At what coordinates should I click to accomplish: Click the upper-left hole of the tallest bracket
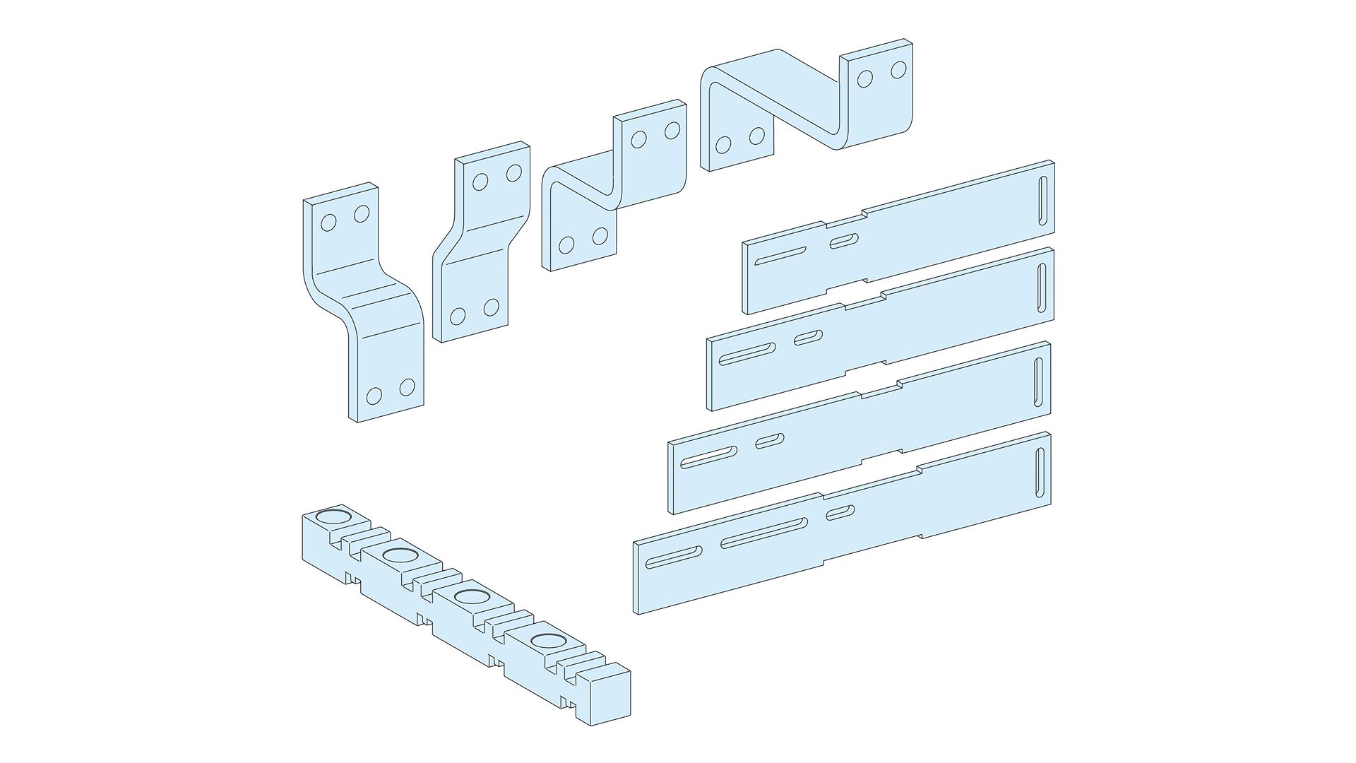pyautogui.click(x=328, y=223)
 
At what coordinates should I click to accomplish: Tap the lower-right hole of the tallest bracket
pyautogui.click(x=407, y=387)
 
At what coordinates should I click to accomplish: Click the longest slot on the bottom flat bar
pyautogui.click(x=764, y=532)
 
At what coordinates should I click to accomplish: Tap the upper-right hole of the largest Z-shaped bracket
pyautogui.click(x=898, y=70)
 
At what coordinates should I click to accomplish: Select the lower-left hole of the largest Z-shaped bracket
pyautogui.click(x=722, y=146)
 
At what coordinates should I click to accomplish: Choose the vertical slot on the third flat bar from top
pyautogui.click(x=1037, y=382)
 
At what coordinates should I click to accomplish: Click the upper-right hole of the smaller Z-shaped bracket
pyautogui.click(x=672, y=130)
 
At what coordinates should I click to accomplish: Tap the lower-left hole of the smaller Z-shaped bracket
pyautogui.click(x=566, y=245)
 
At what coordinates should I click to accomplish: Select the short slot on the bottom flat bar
pyautogui.click(x=840, y=511)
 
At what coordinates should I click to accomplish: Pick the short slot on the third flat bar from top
pyautogui.click(x=770, y=440)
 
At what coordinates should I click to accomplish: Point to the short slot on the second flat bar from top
pyautogui.click(x=808, y=338)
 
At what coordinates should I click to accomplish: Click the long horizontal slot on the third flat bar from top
pyautogui.click(x=708, y=456)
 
